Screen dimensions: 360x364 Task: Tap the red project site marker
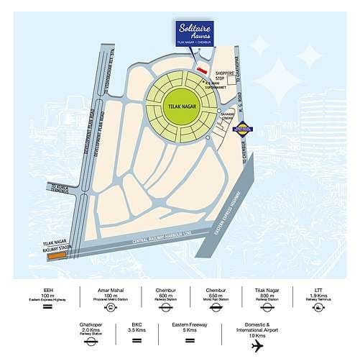click(x=202, y=70)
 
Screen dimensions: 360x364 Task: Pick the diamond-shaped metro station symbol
click(x=241, y=130)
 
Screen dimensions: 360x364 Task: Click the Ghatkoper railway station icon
click(x=91, y=342)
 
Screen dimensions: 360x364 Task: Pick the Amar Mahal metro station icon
click(x=111, y=307)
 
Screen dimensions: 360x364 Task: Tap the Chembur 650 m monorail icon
click(x=215, y=307)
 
